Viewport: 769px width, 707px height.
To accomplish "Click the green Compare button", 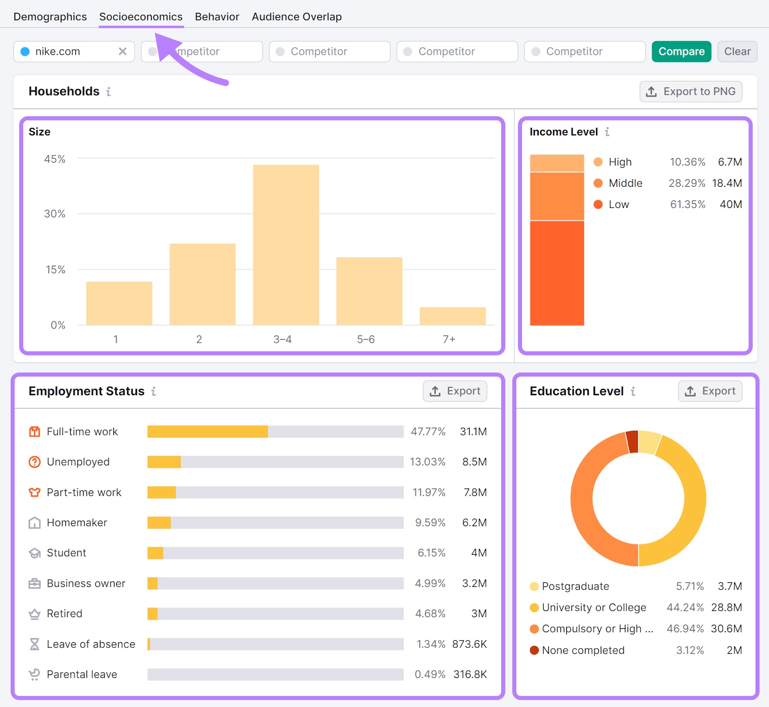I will tap(681, 51).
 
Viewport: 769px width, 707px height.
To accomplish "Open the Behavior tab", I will tap(217, 17).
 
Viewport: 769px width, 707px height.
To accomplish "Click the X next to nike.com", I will tap(123, 51).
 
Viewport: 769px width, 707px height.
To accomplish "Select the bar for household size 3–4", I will tap(286, 245).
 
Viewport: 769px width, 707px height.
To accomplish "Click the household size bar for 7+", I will tap(452, 316).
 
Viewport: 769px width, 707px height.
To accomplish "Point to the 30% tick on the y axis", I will tap(55, 214).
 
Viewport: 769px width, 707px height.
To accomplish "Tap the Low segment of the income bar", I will tap(557, 273).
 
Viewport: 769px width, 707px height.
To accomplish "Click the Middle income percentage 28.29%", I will tap(687, 183).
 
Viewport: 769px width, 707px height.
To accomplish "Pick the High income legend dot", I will tap(598, 162).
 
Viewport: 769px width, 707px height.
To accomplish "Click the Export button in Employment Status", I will tap(455, 391).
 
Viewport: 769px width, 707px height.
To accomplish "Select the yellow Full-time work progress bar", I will tap(208, 431).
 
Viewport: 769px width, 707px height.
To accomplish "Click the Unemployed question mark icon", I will tap(35, 462).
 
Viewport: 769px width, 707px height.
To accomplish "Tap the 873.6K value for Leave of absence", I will tap(469, 644).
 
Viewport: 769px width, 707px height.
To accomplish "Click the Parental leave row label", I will tap(82, 674).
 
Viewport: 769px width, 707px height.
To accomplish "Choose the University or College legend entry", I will tap(594, 608).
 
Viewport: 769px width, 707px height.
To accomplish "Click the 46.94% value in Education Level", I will tap(685, 629).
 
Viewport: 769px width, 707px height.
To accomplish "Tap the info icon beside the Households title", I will tap(109, 91).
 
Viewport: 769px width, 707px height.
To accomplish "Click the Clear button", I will tap(737, 51).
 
